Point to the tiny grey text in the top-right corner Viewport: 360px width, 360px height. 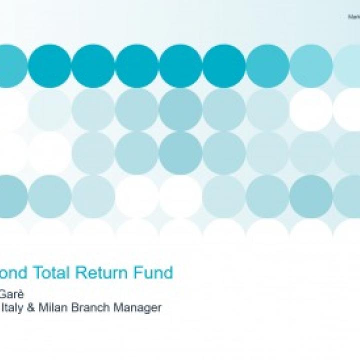coord(354,17)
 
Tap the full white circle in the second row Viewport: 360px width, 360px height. coord(311,110)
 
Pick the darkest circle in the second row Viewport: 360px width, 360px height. coord(180,110)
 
